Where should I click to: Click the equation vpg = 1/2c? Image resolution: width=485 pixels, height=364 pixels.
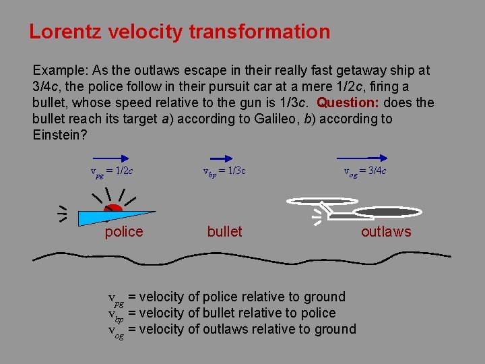(112, 171)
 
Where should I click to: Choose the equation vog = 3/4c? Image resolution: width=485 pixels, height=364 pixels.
(365, 171)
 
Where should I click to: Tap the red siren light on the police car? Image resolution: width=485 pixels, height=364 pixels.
(114, 209)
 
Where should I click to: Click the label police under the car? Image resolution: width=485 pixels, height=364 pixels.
(124, 232)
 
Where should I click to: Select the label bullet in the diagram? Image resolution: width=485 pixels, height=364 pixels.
(224, 232)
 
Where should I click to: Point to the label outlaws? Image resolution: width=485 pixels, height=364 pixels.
(386, 232)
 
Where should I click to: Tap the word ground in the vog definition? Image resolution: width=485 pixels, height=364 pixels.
(333, 329)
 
